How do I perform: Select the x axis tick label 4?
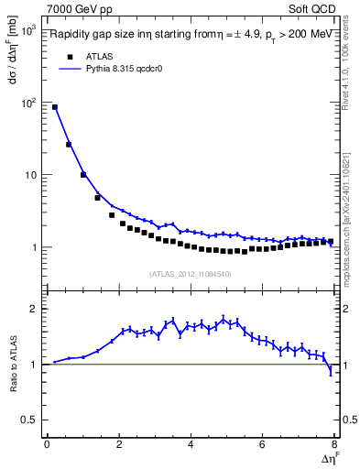tap(191, 445)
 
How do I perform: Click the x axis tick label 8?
tap(333, 445)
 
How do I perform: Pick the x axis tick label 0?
tap(47, 445)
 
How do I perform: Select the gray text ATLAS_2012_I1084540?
tap(190, 273)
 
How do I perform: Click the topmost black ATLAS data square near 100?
tap(55, 107)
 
